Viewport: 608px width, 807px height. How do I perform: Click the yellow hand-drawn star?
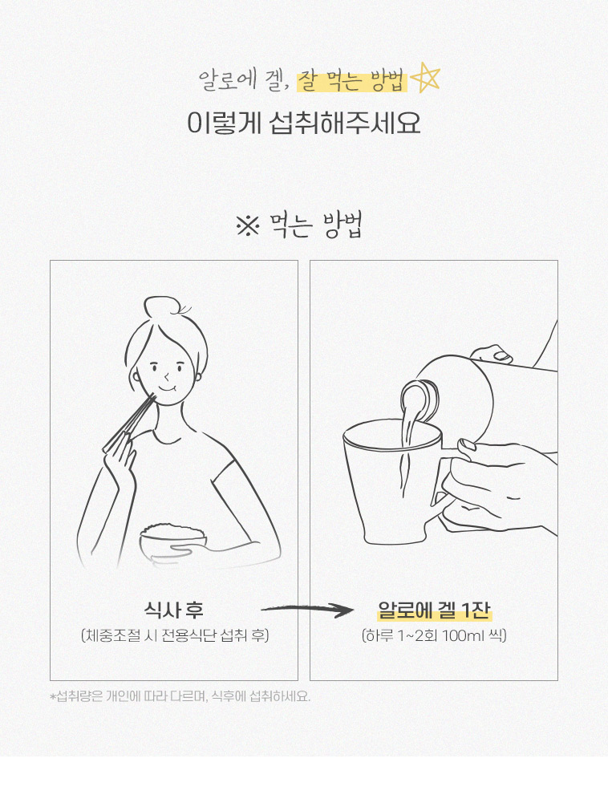(426, 78)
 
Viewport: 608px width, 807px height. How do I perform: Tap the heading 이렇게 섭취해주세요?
(304, 123)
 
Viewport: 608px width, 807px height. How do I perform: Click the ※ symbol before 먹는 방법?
(248, 226)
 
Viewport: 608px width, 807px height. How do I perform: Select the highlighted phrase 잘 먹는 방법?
(352, 82)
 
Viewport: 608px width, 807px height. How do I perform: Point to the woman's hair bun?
(160, 308)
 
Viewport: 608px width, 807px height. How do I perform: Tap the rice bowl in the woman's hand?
(173, 541)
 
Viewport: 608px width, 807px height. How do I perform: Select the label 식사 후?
(174, 610)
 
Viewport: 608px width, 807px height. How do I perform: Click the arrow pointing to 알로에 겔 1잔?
(307, 610)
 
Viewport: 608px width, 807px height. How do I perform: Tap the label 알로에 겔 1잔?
(434, 610)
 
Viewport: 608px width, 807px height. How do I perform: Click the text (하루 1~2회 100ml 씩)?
(434, 635)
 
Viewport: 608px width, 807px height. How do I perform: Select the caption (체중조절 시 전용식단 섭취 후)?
(175, 635)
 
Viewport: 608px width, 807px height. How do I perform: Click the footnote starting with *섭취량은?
(180, 697)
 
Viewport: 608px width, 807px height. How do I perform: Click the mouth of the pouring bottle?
(418, 399)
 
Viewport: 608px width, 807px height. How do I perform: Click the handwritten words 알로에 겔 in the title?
(241, 81)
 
